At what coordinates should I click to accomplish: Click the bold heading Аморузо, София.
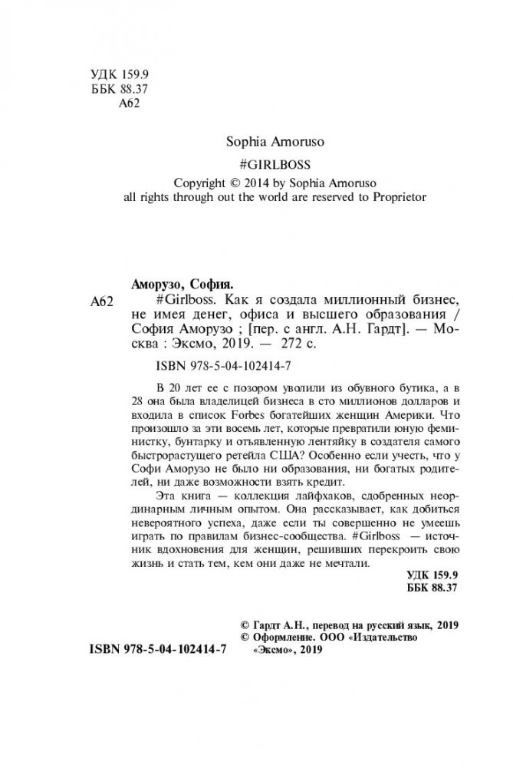click(181, 281)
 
